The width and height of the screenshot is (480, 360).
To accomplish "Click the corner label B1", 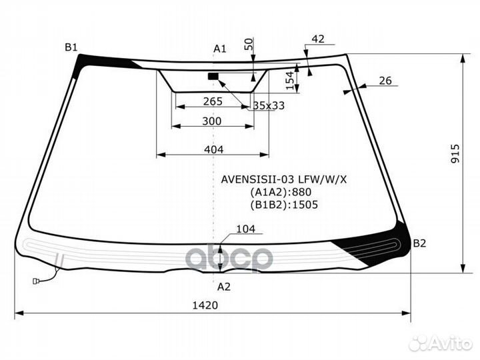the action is (x=71, y=47).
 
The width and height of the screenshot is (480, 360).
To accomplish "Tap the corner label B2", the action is (x=419, y=243).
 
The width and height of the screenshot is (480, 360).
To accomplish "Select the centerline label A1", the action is (x=220, y=49).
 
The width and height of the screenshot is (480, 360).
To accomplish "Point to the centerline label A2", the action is (x=224, y=287).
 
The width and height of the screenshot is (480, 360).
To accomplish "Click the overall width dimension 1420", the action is (x=205, y=305).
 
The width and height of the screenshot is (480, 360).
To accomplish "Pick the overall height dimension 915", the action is (x=455, y=154).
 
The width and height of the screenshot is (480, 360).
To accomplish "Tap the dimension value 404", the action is (x=214, y=150).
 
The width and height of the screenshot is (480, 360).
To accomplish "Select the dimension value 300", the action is (x=212, y=121).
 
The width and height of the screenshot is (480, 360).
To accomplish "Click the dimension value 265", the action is (x=213, y=101).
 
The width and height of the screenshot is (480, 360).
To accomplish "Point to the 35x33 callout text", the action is (x=269, y=105).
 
